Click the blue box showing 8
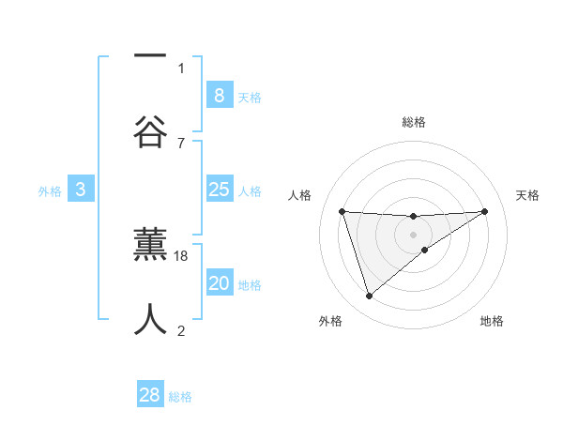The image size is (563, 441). point(219,95)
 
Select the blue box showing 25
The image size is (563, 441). point(219,190)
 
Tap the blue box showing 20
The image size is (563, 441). point(219,283)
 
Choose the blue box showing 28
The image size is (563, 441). point(150,395)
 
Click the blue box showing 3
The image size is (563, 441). point(81,190)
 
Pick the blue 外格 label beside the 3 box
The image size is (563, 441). point(50,191)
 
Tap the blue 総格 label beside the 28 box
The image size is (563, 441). point(180,397)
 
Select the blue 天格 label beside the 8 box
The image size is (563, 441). point(250,97)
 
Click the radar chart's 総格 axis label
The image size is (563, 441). point(414,122)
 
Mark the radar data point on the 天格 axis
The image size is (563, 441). point(485,211)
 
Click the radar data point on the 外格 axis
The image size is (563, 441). point(369,297)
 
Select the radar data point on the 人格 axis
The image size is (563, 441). point(342,211)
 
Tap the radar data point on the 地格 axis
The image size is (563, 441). point(425,250)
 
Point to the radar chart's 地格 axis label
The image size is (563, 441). point(492,321)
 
